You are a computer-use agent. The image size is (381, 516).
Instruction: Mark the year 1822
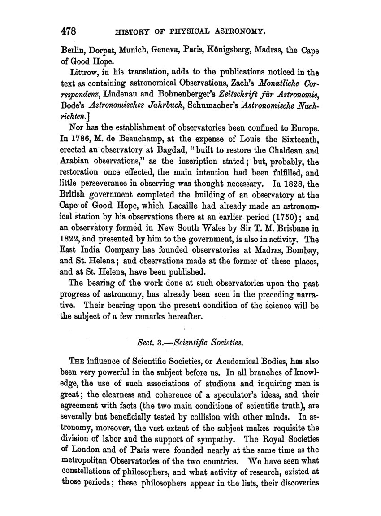(x=70, y=236)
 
